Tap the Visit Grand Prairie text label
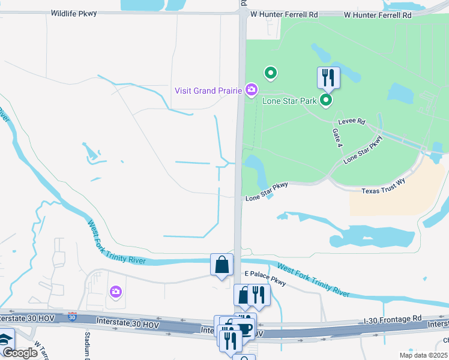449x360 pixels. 208,91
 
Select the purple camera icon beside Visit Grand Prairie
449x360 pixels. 252,91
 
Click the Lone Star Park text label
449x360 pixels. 289,101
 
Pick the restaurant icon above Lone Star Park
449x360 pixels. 328,77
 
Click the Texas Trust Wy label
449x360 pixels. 384,191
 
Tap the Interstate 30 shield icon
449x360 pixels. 73,316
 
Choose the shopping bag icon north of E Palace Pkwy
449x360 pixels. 221,264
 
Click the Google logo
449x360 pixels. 20,353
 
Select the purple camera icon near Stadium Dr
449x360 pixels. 115,292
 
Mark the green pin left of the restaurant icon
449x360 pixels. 271,74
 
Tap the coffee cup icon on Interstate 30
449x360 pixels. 245,329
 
